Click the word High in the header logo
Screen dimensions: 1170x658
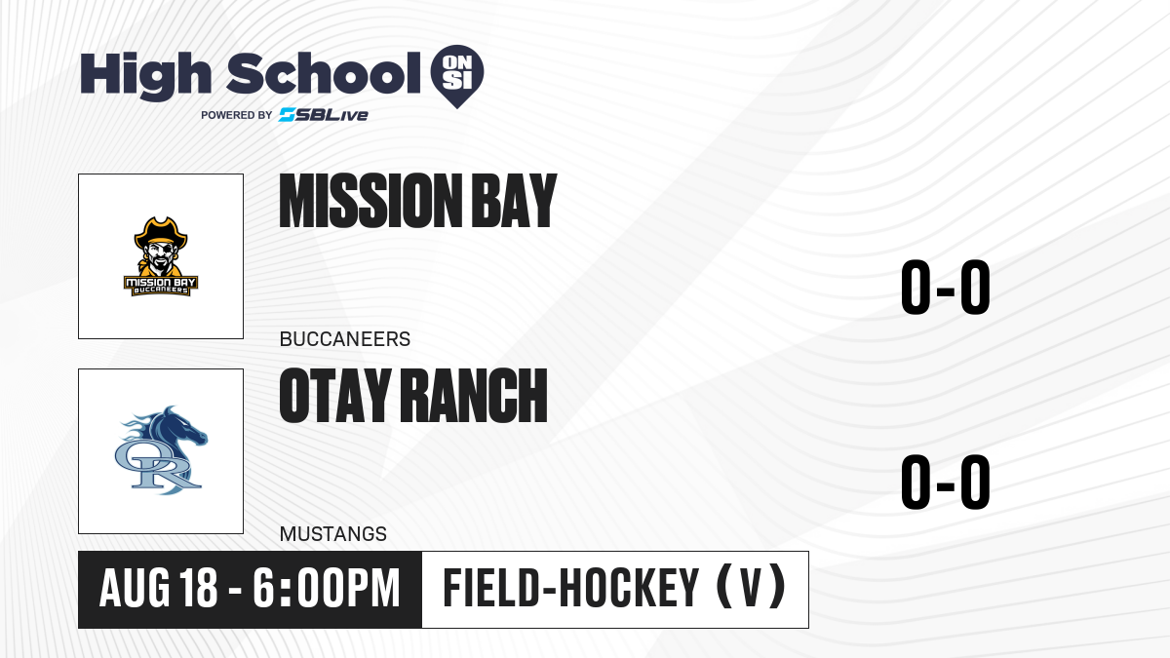145,76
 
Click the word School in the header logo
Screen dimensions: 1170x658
324,73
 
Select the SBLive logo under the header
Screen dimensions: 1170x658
324,115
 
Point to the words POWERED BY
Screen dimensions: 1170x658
237,115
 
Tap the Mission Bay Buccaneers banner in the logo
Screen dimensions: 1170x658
161,286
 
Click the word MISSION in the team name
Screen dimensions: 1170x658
369,201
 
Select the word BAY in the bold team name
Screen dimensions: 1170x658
514,201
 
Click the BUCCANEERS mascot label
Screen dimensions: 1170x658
345,339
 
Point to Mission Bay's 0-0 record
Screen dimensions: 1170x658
946,287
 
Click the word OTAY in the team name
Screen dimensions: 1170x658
335,396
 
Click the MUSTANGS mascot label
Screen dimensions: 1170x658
333,534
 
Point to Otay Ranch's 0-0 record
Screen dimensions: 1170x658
946,482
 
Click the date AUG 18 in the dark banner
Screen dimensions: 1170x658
158,588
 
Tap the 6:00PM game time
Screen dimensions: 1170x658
327,588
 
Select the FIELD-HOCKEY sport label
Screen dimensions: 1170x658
571,588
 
